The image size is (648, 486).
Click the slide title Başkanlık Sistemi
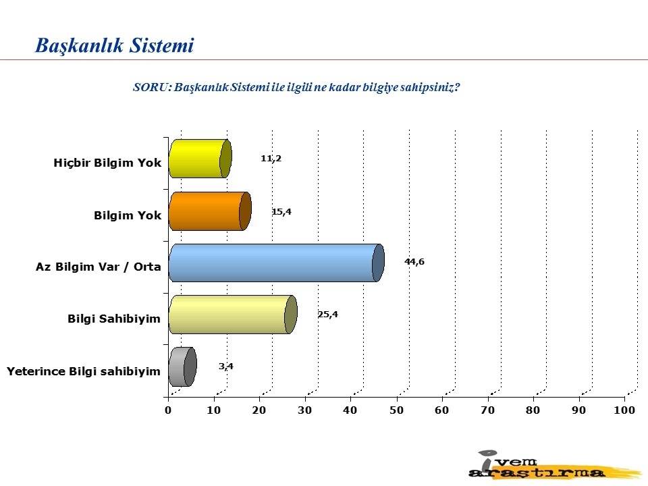114,45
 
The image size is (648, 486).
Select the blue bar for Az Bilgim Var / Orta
277,263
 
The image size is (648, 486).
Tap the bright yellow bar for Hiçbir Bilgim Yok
200,159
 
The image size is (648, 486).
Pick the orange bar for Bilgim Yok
210,211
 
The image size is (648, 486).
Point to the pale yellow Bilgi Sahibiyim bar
233,315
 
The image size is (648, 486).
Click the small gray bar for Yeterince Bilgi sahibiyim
183,367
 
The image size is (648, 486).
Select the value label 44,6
414,262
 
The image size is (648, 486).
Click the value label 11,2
271,158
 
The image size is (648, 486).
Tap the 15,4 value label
281,211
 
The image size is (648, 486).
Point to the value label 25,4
328,314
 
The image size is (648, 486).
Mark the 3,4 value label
226,366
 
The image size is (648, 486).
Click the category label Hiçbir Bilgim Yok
107,163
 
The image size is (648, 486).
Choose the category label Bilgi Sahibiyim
114,319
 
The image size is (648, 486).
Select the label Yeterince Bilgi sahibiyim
84,371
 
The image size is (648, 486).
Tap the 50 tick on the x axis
396,410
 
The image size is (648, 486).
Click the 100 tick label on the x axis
624,410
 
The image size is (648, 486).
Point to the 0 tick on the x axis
168,410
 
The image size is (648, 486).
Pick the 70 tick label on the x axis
487,410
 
